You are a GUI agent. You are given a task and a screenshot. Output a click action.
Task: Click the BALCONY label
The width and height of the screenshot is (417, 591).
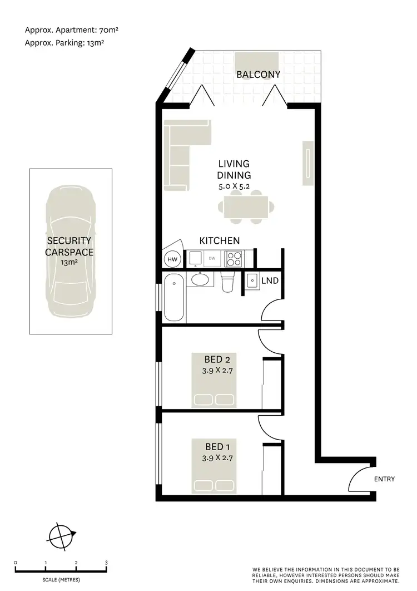(x=257, y=74)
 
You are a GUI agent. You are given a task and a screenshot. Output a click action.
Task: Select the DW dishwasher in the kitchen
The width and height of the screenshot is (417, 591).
(x=212, y=258)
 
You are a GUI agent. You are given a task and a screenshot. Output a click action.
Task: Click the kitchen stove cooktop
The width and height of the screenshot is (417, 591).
(x=234, y=259)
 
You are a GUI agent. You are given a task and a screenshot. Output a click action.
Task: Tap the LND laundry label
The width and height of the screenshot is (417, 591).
(x=270, y=281)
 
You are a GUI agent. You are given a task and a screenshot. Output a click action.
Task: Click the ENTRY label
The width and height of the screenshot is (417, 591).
(x=385, y=479)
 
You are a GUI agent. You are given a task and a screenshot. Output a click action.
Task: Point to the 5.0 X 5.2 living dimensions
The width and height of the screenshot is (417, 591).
(x=234, y=186)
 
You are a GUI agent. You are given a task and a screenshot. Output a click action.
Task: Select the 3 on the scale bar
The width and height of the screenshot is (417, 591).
(x=106, y=563)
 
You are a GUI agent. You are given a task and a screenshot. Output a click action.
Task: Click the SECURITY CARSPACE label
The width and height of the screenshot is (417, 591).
(x=69, y=247)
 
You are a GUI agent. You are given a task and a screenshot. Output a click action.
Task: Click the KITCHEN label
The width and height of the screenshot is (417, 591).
(x=220, y=241)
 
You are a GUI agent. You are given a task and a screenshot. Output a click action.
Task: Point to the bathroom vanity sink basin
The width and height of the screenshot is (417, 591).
(x=198, y=279)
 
